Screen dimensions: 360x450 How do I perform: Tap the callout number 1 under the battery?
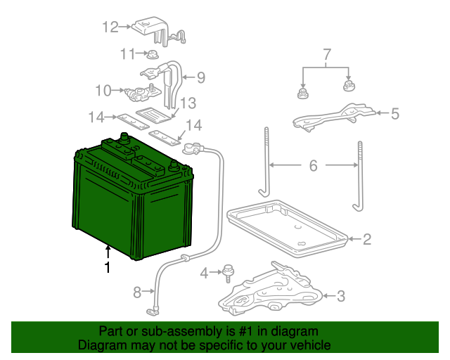click(108, 267)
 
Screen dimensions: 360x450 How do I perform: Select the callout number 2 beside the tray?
click(366, 240)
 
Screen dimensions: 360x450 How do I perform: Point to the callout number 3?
click(341, 296)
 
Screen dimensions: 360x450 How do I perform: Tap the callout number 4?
click(205, 272)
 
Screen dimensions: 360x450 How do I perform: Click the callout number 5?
click(394, 112)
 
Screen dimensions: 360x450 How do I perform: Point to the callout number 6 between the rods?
click(313, 166)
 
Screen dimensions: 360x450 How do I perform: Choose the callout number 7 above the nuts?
click(326, 54)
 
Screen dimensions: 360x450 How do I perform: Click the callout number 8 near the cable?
click(137, 290)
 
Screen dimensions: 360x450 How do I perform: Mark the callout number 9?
click(200, 77)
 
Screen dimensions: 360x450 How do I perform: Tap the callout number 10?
click(103, 90)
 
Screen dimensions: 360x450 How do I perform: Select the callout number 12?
click(111, 27)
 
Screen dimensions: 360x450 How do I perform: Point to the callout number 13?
click(187, 104)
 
